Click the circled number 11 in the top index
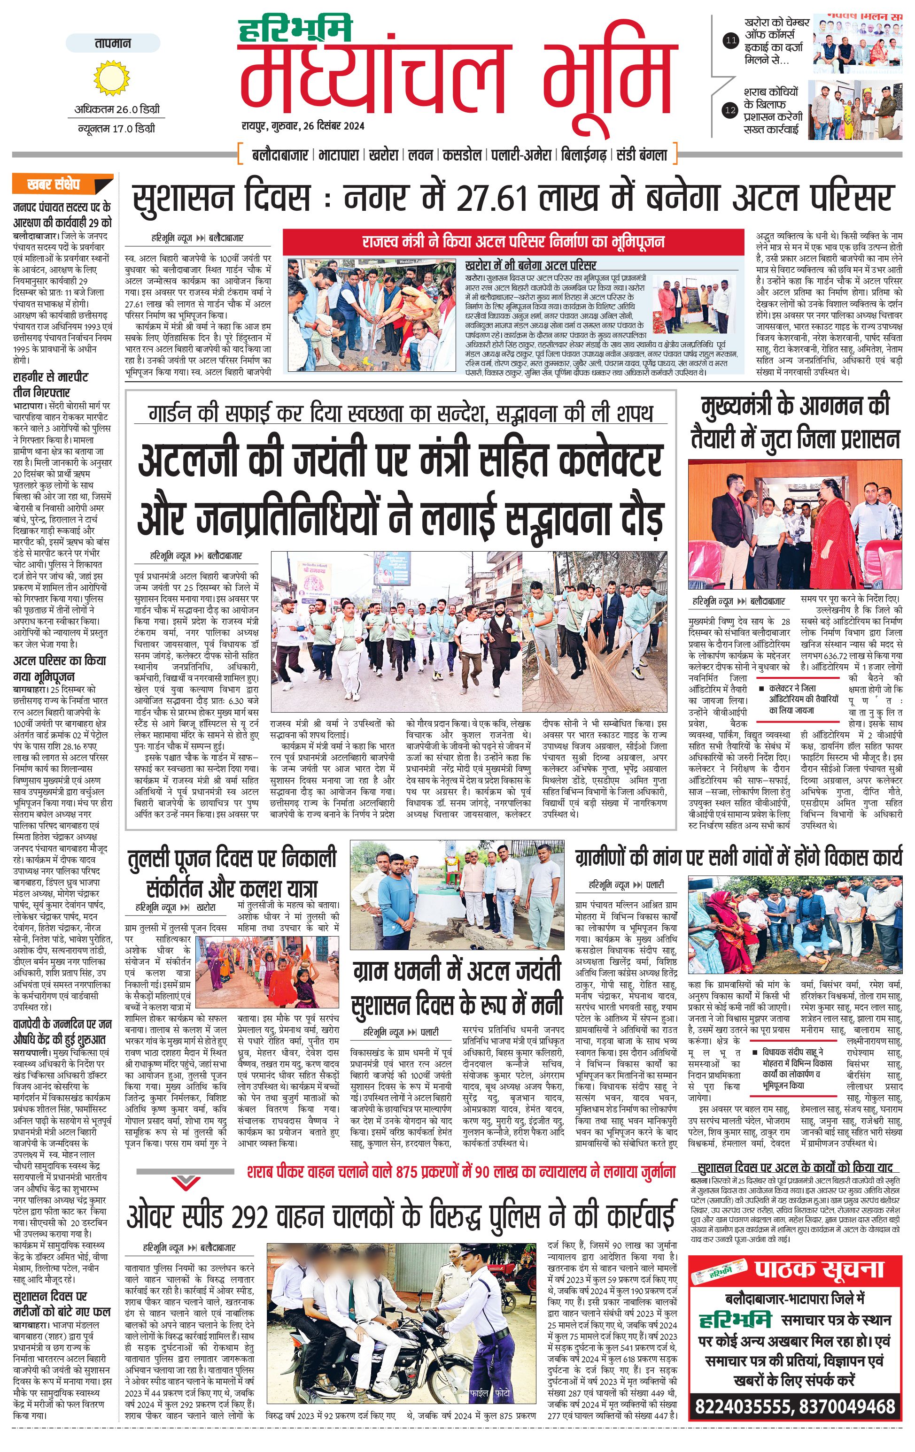730,41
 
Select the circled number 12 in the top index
730,110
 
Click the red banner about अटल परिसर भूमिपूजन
513,242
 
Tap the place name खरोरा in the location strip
383,155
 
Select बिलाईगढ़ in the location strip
582,155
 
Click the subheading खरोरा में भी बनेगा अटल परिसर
531,265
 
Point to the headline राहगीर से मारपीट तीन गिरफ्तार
51,384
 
